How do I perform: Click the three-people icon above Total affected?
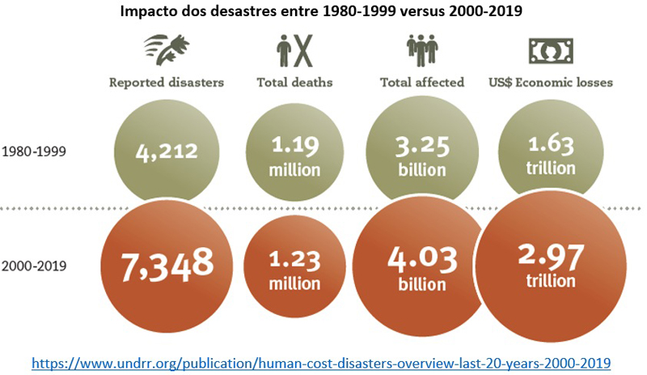point(421,51)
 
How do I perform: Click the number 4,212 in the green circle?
point(167,151)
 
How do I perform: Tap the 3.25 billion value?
point(422,157)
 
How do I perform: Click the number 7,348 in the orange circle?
point(167,263)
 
